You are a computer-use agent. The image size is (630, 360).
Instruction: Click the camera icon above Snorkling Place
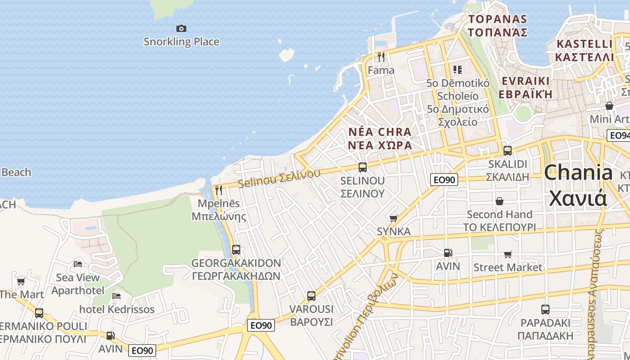coord(181,29)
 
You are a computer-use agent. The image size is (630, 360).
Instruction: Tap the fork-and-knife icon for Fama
coord(381,57)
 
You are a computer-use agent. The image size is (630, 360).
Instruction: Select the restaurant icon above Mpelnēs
coord(219,190)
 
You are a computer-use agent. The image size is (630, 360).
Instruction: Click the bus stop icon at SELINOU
coord(362,167)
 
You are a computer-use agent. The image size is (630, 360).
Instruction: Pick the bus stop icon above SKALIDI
coord(508,151)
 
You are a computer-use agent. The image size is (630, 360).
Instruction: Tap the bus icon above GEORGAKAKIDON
coord(236,249)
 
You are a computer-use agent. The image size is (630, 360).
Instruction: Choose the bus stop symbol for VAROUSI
coord(311,296)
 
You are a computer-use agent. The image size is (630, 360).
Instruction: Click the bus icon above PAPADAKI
coord(545,310)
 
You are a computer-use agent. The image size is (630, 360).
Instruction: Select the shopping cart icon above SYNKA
coord(394,218)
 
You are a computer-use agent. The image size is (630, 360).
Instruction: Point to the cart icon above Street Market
coord(508,254)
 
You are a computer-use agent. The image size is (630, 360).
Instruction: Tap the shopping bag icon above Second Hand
coord(499,201)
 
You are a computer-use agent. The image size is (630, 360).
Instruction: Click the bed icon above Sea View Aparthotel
coord(78,264)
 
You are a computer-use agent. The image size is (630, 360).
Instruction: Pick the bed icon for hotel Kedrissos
coord(117,296)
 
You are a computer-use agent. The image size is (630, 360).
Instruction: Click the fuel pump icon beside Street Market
coord(448,253)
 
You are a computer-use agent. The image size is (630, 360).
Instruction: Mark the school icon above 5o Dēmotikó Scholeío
coord(458,70)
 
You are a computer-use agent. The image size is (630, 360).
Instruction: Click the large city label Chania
coord(578,173)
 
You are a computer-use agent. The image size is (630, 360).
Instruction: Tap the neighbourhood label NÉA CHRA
coord(380,132)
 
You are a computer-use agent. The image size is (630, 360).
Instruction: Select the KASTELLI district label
coord(584,44)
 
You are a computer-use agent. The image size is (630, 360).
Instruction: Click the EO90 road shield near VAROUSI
coord(261,325)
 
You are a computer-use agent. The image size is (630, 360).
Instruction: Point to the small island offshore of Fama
coord(286,55)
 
